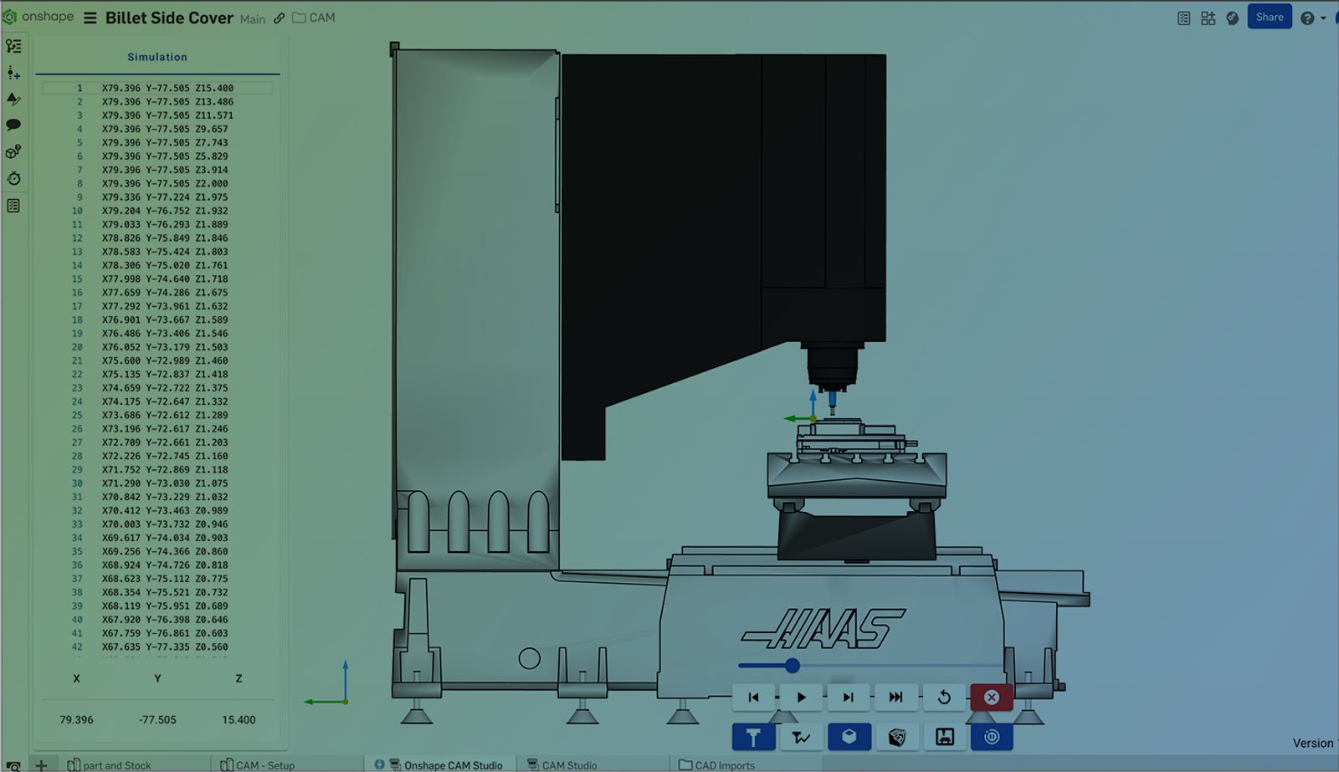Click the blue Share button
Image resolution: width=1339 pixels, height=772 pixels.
coord(1269,18)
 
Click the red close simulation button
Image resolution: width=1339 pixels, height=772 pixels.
coord(991,698)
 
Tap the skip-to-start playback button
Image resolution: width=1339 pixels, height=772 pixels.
coord(753,698)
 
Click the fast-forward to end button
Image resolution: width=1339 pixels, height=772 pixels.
coord(895,698)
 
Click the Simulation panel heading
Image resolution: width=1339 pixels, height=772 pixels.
coord(157,57)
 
